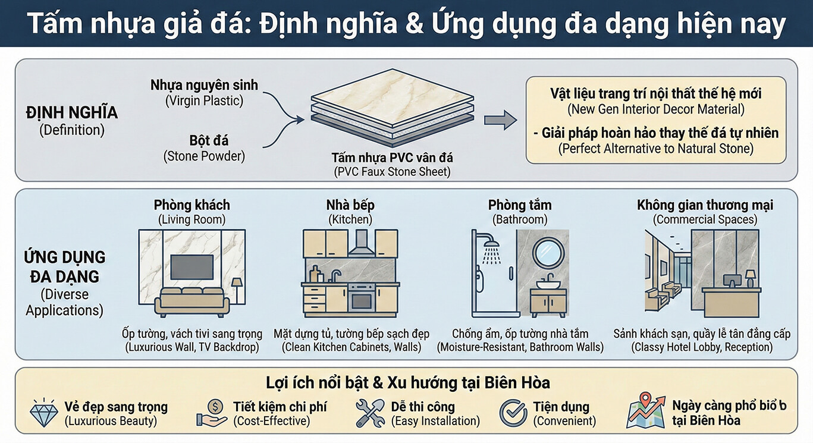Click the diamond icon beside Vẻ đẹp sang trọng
43,413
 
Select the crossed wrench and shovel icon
370,413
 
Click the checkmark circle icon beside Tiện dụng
513,413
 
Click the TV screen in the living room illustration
192,267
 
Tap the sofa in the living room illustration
192,301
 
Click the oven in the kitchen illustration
361,299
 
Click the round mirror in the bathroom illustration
548,253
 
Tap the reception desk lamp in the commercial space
750,279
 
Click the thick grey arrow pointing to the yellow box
501,120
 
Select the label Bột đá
209,140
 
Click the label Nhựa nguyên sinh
205,85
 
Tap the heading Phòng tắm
520,205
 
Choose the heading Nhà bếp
350,205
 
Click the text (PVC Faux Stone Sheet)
392,172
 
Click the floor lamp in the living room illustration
237,290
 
